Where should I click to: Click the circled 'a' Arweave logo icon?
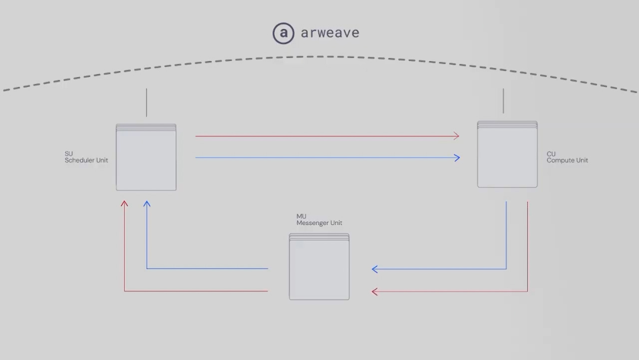click(283, 33)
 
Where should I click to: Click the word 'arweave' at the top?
click(330, 33)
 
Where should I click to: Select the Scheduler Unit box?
click(146, 157)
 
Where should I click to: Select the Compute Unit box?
click(508, 154)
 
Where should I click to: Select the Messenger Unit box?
click(319, 266)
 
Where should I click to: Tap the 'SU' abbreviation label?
click(69, 154)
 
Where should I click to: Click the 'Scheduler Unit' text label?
click(86, 160)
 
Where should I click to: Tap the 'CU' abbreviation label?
click(551, 154)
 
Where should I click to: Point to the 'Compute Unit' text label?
click(567, 160)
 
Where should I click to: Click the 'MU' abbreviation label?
click(301, 216)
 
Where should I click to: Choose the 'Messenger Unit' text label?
click(319, 223)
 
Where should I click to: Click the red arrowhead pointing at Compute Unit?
click(457, 136)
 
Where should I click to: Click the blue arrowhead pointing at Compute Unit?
click(457, 157)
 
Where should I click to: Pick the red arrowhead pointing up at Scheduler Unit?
click(124, 203)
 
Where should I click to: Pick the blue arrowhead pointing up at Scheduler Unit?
click(147, 203)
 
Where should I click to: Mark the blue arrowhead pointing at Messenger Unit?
click(375, 269)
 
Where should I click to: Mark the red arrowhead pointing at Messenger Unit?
click(375, 291)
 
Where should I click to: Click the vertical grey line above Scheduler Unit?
click(146, 102)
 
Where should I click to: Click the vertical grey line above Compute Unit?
click(504, 101)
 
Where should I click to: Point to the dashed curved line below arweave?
click(320, 57)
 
